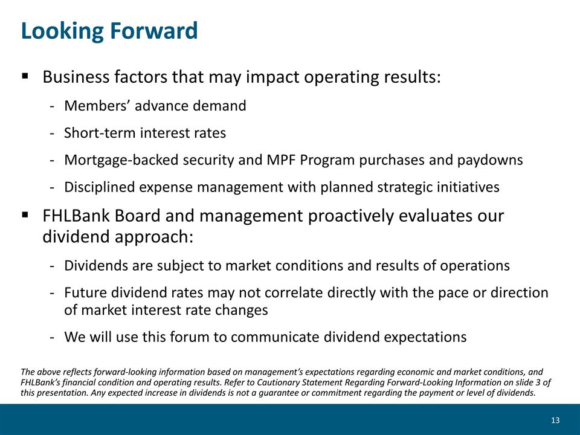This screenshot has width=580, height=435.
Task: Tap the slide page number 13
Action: [x=555, y=420]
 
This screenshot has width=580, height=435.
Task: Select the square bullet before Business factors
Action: [x=25, y=76]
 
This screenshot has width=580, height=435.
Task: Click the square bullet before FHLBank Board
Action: [x=25, y=215]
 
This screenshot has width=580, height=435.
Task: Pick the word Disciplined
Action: [x=99, y=187]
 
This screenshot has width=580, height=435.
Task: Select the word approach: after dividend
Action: [x=155, y=237]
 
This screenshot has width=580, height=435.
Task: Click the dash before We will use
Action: [x=52, y=338]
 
